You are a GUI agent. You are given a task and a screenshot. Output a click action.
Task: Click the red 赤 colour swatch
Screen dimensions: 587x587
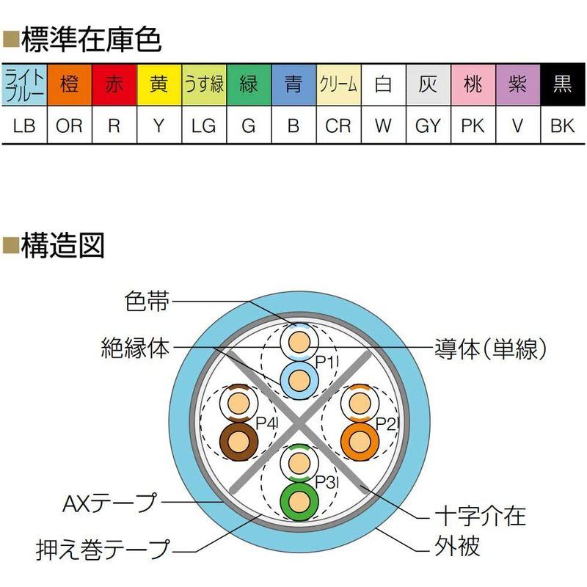[x=114, y=85]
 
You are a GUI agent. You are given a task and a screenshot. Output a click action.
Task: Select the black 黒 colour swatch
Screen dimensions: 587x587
[x=563, y=85]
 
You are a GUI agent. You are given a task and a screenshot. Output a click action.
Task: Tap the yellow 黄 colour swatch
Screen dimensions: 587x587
[x=158, y=85]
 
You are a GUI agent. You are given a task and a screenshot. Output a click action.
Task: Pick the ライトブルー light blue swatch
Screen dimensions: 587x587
[x=25, y=85]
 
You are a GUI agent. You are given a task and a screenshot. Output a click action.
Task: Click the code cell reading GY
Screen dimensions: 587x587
[x=428, y=125]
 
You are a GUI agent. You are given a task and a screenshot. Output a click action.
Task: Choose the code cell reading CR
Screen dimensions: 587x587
[x=338, y=125]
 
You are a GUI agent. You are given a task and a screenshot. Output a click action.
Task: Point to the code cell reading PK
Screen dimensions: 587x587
[x=473, y=125]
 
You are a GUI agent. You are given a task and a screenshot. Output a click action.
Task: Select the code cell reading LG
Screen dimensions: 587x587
[x=203, y=125]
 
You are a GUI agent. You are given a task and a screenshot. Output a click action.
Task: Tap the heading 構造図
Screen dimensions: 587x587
[x=62, y=246]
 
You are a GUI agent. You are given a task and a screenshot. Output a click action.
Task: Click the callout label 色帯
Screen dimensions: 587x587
[x=147, y=302]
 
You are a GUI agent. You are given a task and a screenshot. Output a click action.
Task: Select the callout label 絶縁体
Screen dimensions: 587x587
[x=136, y=347]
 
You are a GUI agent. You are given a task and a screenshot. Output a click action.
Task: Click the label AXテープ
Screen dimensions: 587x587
[x=111, y=503]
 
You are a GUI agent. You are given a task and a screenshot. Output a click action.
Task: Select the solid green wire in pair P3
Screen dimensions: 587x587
[x=299, y=500]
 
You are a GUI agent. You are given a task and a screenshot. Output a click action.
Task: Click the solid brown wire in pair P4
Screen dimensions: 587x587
[x=238, y=441]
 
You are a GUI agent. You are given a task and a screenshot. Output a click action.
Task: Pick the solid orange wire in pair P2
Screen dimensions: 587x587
[x=360, y=440]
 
